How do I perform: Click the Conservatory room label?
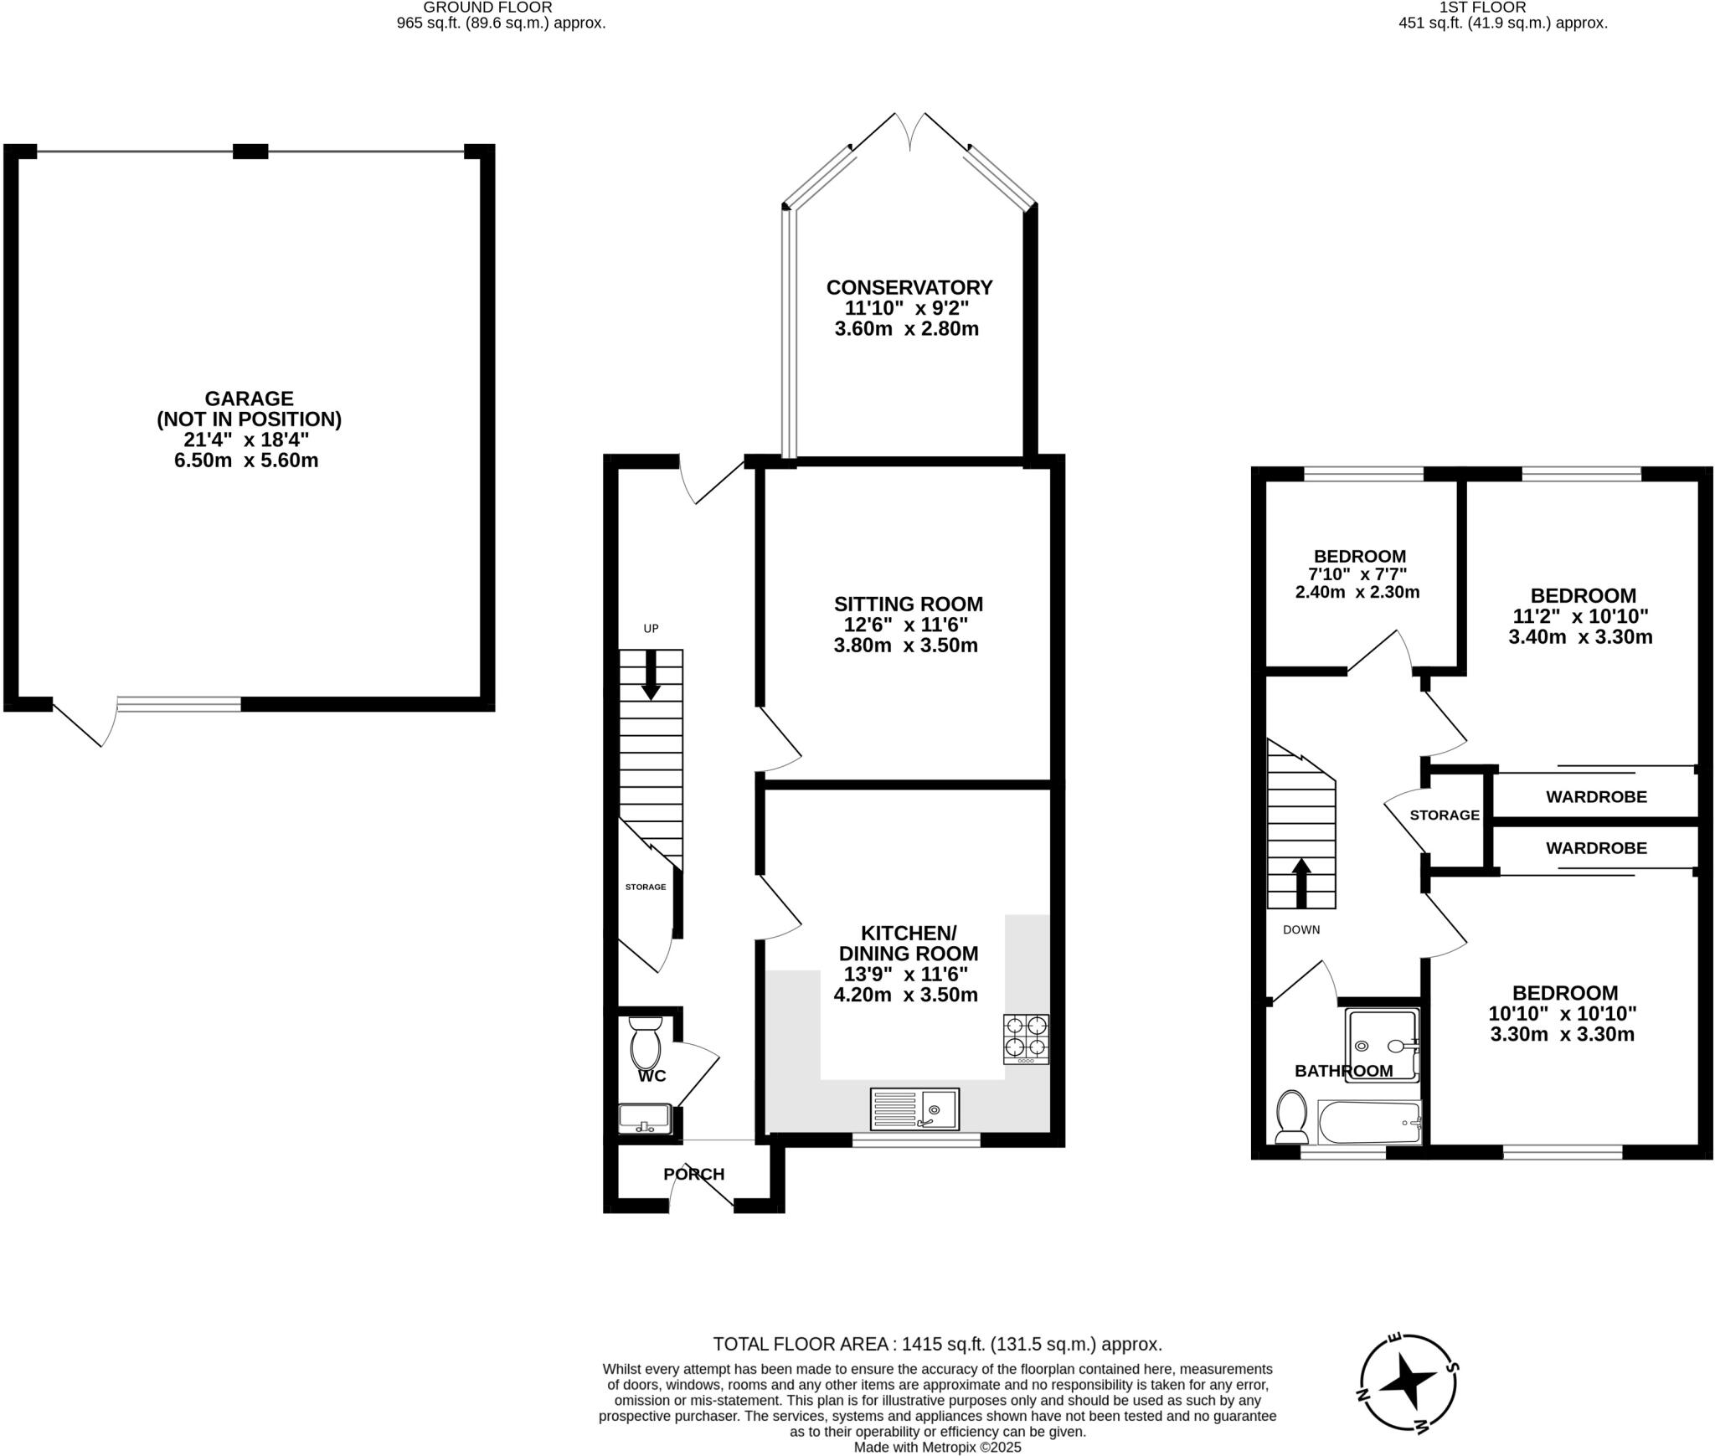[x=909, y=287]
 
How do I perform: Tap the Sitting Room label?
[x=908, y=604]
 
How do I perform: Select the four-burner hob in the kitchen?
[x=1026, y=1038]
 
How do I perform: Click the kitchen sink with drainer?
[x=914, y=1109]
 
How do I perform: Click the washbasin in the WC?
[x=644, y=1118]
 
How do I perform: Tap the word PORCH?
[x=693, y=1174]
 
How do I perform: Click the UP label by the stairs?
[x=651, y=629]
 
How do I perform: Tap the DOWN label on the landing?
[x=1301, y=929]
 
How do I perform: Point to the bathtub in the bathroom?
[x=1369, y=1123]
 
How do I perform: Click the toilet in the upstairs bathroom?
[x=1291, y=1116]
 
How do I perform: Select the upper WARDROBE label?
[x=1596, y=797]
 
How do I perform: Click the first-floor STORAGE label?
[x=1445, y=815]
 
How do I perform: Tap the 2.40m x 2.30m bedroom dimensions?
[x=1357, y=593]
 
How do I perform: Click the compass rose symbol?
[x=1407, y=1382]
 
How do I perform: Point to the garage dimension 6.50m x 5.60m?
[x=246, y=460]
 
